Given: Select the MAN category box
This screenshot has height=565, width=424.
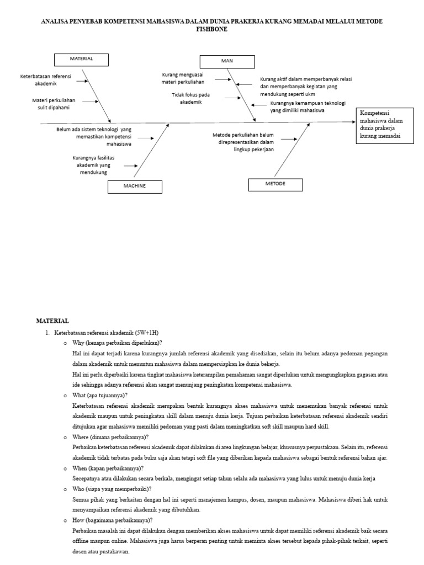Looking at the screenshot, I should click(x=227, y=62).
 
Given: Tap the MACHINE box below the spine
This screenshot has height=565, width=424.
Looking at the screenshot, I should click(x=135, y=186).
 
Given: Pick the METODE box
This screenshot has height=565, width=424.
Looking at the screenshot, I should click(x=275, y=184).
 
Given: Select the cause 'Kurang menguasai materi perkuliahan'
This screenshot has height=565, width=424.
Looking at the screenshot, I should click(x=182, y=78).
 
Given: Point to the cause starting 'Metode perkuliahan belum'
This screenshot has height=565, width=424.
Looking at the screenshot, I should click(x=243, y=142).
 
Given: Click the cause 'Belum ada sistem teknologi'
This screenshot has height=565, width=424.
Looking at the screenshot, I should click(x=94, y=136).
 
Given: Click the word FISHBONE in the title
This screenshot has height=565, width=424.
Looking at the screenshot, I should click(x=212, y=29).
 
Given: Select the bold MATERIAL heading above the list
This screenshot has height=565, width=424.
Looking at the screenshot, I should click(x=52, y=321).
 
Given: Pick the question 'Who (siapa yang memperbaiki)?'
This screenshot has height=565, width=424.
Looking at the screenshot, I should click(x=112, y=489).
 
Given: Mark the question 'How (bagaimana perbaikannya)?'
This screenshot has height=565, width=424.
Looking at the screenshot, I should click(x=113, y=520).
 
